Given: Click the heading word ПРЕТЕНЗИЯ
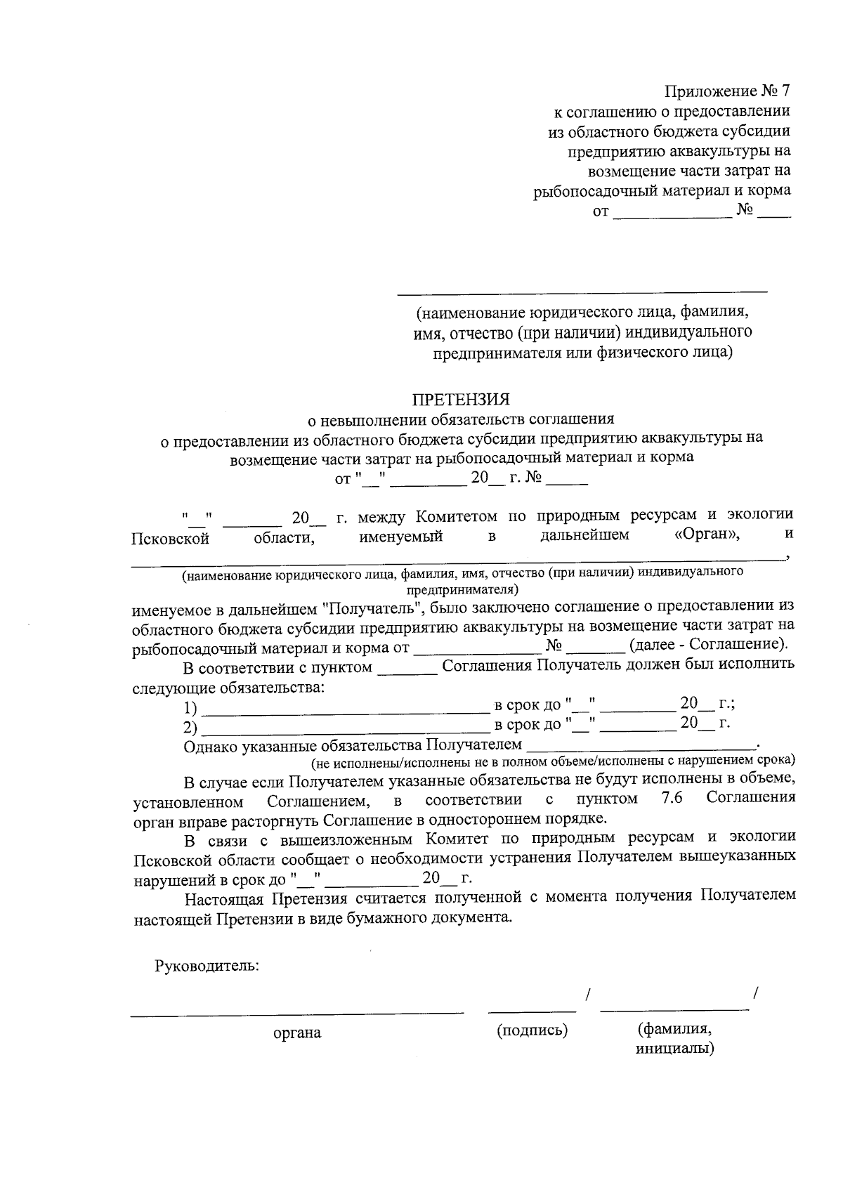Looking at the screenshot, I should point(460,399).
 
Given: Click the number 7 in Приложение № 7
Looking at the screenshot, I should point(785,91).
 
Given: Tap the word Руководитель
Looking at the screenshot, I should point(207,966).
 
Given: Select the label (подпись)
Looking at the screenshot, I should point(532,1030).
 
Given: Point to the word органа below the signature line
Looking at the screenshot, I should point(297,1033).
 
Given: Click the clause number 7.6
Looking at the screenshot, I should point(672,798).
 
